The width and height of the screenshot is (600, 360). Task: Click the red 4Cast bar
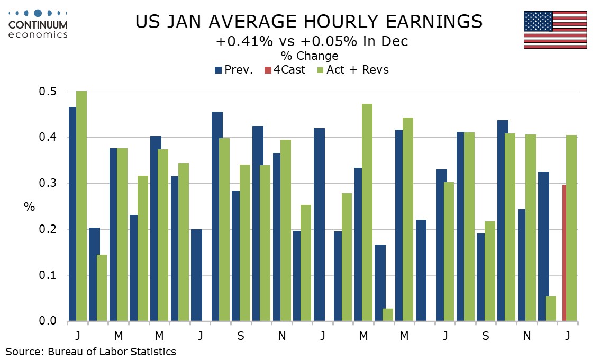tap(565, 253)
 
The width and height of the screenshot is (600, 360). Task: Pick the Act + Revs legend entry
tap(352, 69)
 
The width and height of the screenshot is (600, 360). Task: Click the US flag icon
tap(555, 30)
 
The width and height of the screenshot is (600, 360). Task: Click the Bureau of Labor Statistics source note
tap(90, 351)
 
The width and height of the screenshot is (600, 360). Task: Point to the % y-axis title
tap(29, 206)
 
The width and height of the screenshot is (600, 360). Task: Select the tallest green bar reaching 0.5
tap(81, 206)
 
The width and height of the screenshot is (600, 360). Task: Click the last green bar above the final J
tap(571, 228)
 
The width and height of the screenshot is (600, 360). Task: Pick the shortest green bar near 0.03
tap(387, 315)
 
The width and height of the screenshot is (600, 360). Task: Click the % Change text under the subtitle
tap(310, 56)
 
